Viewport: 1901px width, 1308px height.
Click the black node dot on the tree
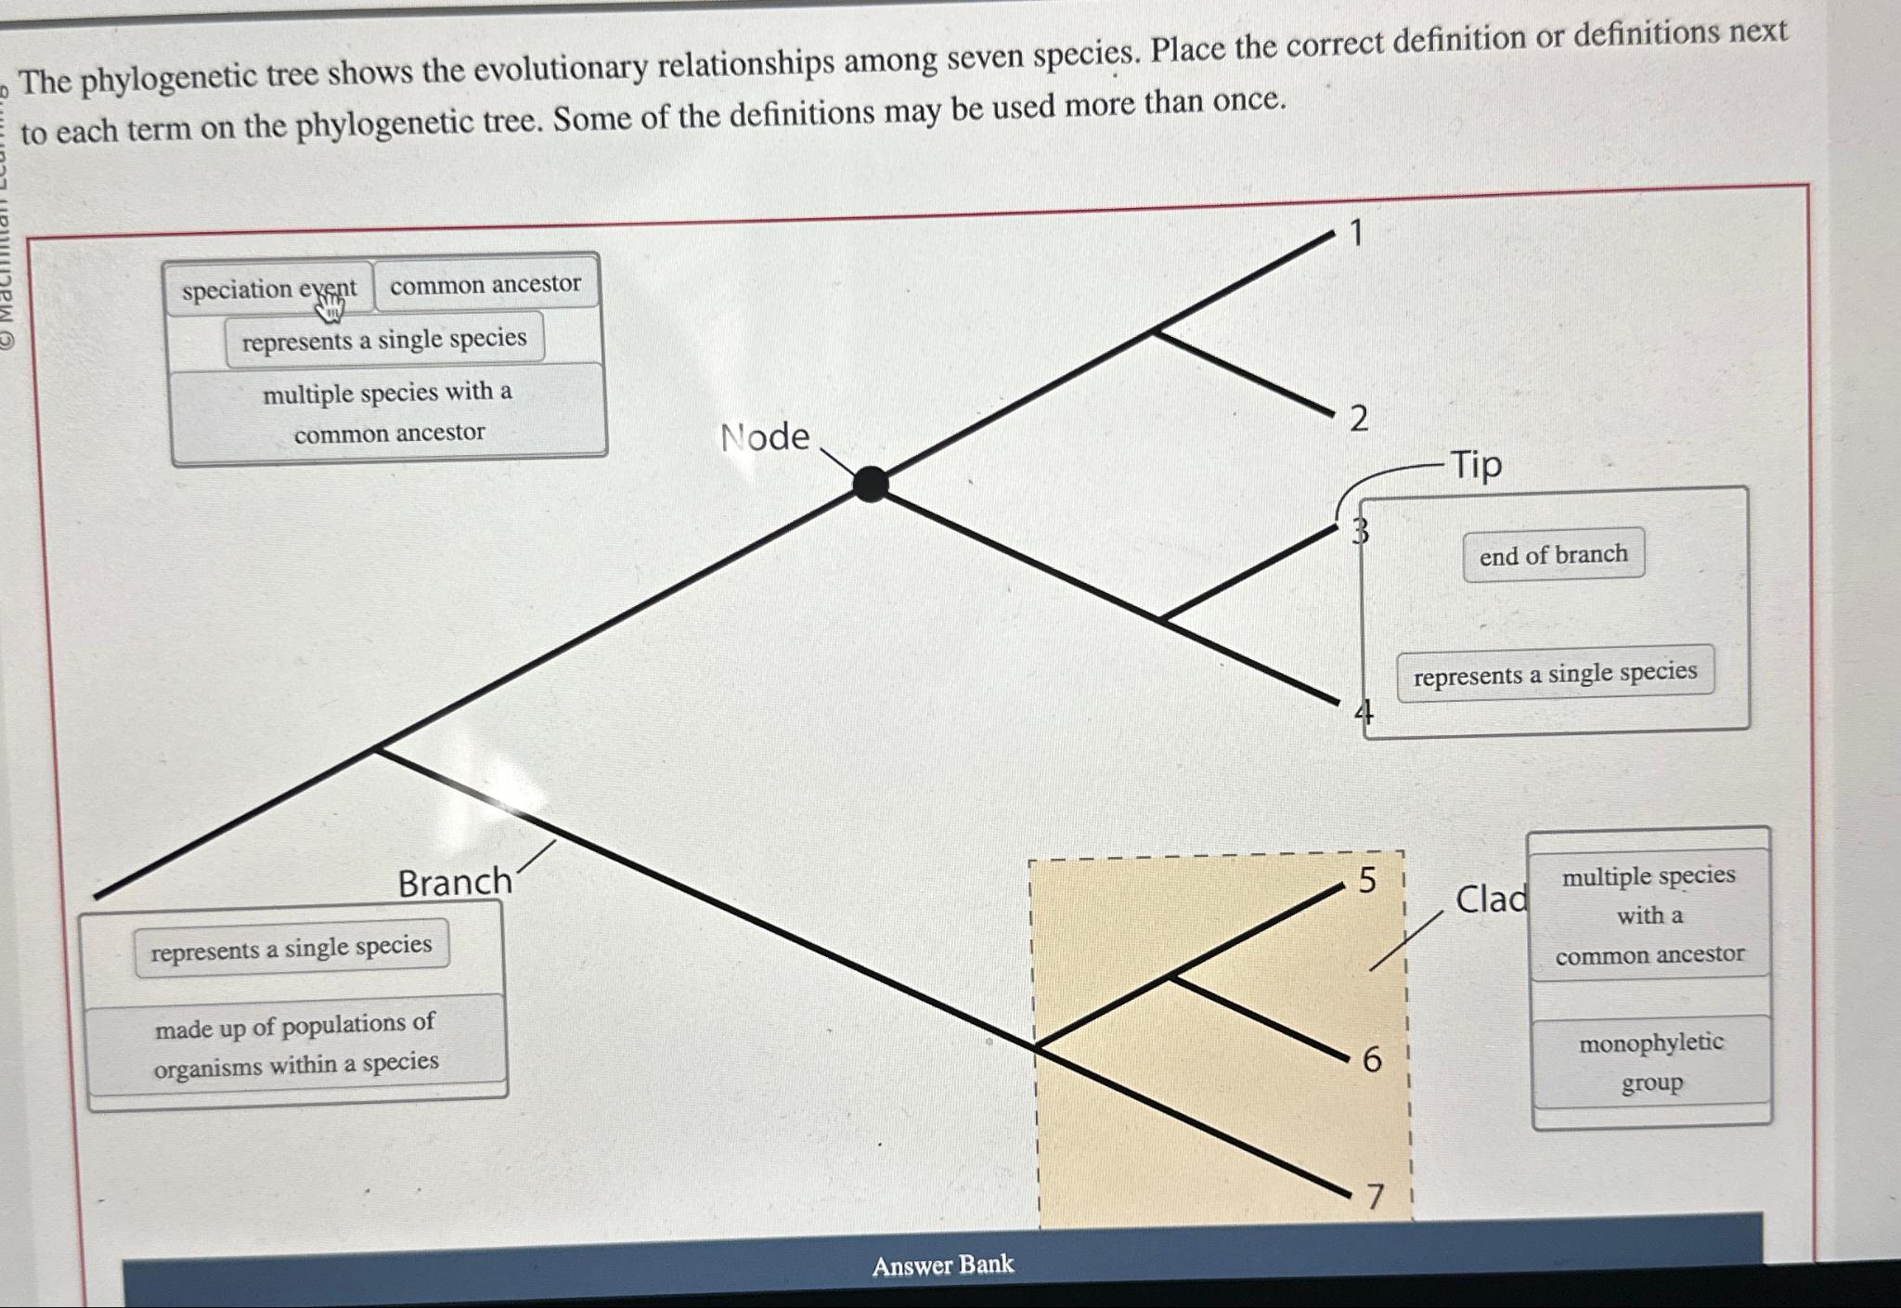pos(870,484)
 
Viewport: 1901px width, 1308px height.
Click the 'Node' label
pos(765,436)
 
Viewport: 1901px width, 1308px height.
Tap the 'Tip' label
pos(1476,464)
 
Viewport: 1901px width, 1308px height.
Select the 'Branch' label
pos(454,882)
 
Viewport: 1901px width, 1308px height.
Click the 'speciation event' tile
pos(268,289)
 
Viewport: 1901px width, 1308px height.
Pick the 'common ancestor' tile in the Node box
pos(485,284)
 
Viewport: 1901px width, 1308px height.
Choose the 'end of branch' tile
pos(1553,555)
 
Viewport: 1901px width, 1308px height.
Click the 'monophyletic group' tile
pos(1650,1062)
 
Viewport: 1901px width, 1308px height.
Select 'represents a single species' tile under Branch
pos(291,948)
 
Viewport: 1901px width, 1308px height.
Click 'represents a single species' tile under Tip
pos(1555,673)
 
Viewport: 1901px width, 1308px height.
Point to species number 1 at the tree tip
pos(1356,233)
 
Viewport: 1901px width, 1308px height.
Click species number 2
pos(1358,419)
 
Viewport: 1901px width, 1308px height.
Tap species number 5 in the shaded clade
pos(1367,880)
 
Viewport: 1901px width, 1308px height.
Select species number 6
pos(1372,1059)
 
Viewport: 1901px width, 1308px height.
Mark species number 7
pos(1375,1197)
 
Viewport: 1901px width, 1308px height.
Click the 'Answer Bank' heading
pos(942,1264)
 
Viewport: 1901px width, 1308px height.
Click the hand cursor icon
pos(330,304)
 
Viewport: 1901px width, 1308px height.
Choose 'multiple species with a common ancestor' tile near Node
pos(388,412)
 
